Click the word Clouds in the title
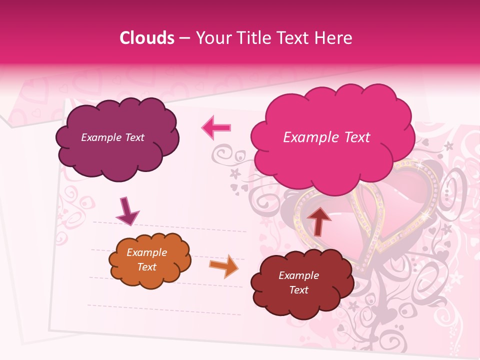(x=146, y=38)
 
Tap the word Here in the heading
(x=334, y=38)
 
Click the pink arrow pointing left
(x=216, y=127)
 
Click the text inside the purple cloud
(x=112, y=137)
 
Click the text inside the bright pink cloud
(x=326, y=137)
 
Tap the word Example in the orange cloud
(x=147, y=252)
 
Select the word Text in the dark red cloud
(x=299, y=290)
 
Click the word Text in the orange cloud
(x=147, y=267)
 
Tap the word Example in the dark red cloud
(x=299, y=275)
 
